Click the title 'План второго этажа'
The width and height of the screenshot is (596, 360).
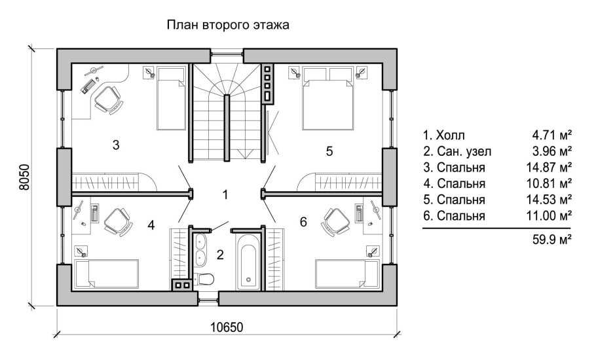point(228,26)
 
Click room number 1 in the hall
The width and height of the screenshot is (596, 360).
point(225,194)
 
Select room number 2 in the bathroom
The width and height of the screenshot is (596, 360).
point(220,255)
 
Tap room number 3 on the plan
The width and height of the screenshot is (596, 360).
point(116,145)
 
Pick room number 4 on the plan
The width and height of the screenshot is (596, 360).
point(151,225)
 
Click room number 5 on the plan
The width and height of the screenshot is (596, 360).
point(329,151)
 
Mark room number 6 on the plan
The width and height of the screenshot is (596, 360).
point(303,223)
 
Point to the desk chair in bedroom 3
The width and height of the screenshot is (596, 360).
point(107,99)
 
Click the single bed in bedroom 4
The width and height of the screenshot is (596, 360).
point(107,274)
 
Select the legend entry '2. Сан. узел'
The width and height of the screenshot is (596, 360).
point(456,152)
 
